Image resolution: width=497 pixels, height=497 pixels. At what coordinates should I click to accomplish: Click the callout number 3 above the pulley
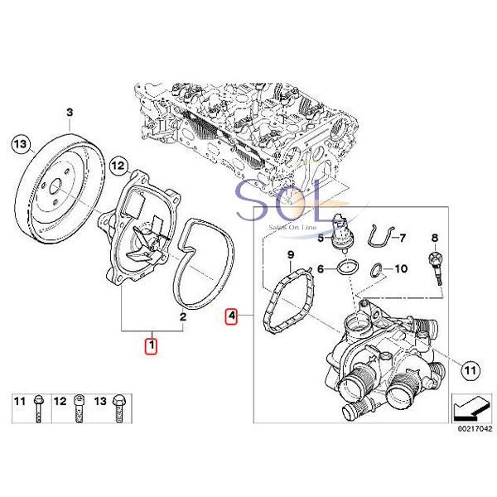(70, 112)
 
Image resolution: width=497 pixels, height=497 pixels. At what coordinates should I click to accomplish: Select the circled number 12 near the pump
(117, 166)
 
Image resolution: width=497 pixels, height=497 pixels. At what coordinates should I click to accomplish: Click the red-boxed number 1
(152, 343)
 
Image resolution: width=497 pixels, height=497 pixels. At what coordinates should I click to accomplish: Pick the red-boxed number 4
(232, 316)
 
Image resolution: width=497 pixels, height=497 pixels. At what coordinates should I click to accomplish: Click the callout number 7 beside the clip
(403, 239)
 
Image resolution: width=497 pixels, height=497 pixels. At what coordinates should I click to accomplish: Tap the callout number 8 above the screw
(433, 239)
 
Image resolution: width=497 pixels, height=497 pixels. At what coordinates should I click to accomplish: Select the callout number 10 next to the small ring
(402, 269)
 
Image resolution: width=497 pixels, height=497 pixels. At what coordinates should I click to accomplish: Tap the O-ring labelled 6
(347, 268)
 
